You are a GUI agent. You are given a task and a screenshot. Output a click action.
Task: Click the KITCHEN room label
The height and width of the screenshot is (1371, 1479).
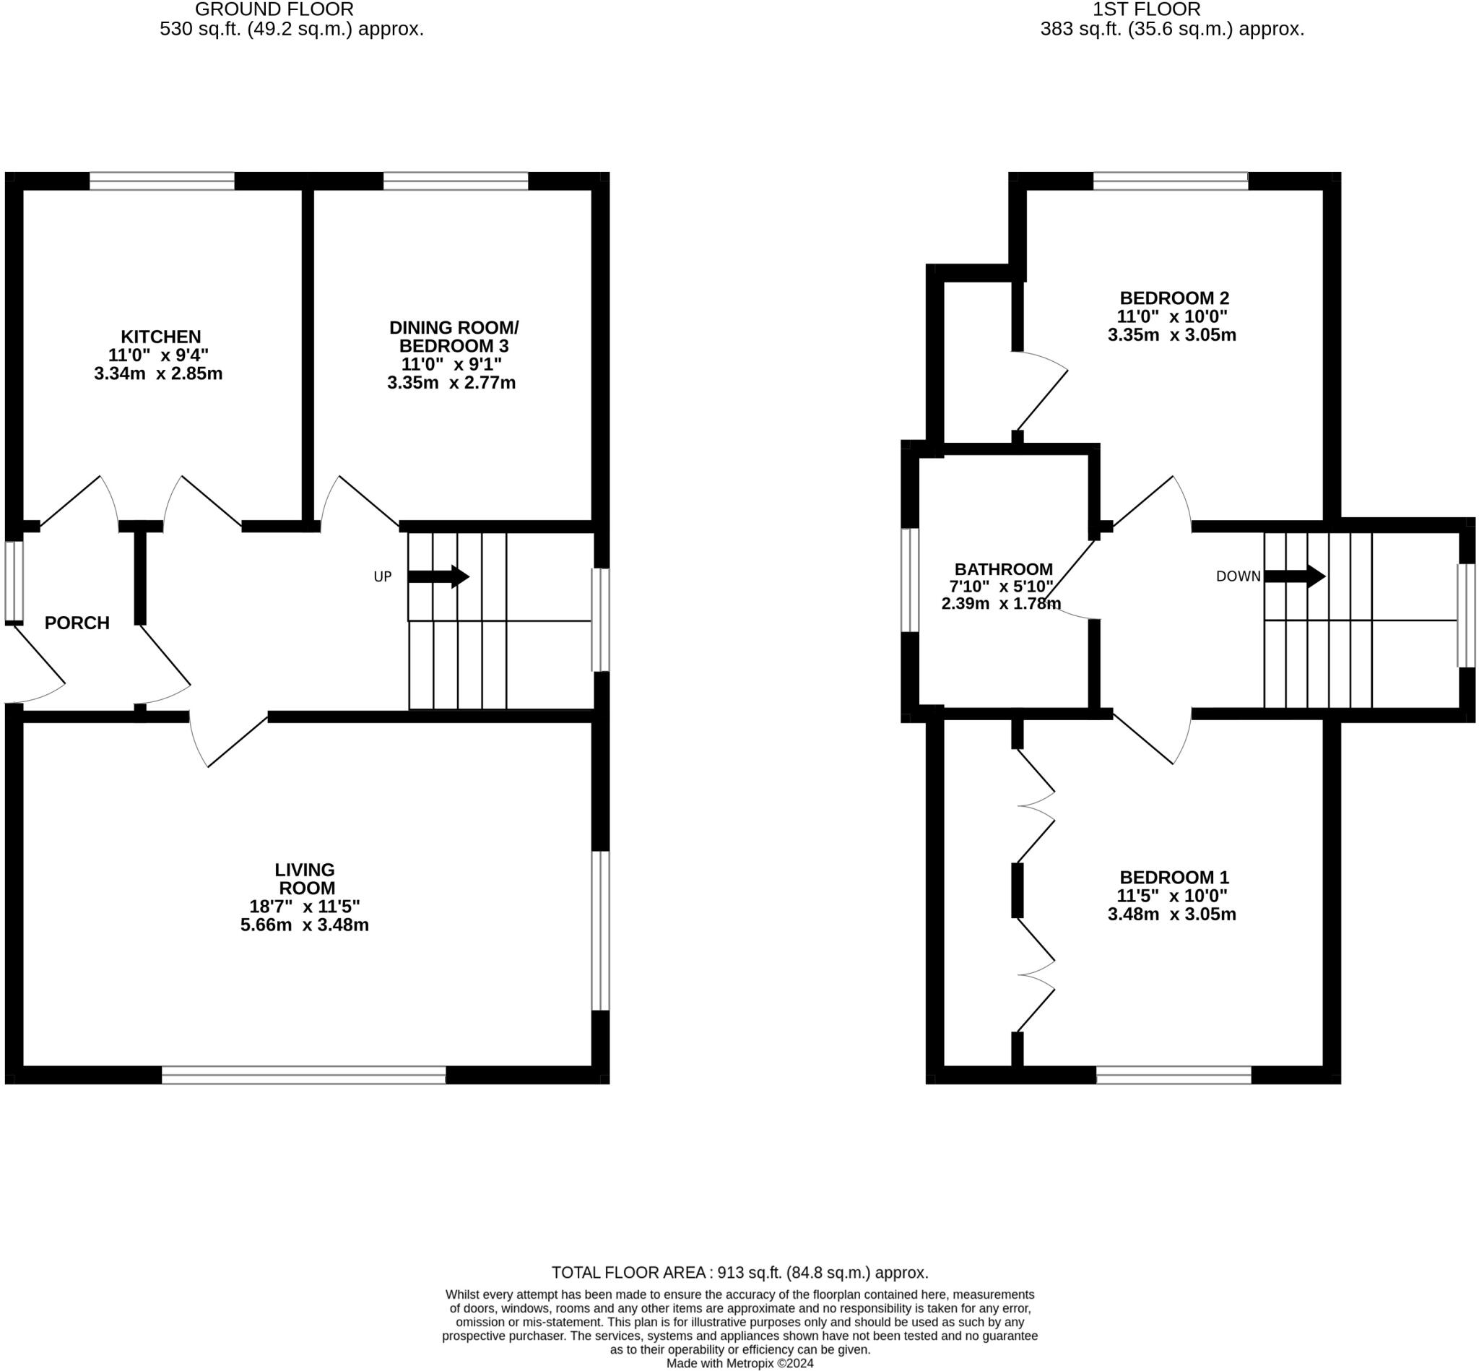161,337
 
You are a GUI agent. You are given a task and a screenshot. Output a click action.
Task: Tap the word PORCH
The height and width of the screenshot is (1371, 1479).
77,623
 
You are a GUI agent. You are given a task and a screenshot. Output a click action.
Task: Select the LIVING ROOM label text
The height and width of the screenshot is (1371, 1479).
305,878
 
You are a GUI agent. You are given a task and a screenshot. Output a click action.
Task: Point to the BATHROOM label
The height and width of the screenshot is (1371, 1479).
1003,569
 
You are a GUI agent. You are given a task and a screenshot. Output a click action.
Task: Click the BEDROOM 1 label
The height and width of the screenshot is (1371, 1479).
1174,877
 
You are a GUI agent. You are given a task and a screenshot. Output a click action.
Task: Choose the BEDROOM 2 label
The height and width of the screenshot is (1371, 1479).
1174,298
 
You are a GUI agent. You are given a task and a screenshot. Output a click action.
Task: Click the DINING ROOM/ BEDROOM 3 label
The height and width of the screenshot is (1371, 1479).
454,337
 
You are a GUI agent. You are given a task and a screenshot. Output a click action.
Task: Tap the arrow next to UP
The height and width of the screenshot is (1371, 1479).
439,576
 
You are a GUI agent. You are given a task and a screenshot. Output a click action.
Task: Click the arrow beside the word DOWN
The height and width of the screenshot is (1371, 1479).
1294,576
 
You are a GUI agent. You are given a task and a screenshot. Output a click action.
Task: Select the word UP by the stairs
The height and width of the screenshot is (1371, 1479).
382,577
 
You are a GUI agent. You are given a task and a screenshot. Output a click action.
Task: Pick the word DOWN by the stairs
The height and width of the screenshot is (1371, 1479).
1238,576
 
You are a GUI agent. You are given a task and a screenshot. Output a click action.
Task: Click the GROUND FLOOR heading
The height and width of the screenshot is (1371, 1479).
274,9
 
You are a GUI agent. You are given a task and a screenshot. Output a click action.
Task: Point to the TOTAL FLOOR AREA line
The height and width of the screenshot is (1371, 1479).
739,1272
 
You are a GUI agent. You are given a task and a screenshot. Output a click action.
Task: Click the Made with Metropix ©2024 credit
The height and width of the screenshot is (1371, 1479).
739,1363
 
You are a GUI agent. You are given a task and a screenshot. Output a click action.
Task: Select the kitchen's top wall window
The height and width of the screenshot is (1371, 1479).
162,181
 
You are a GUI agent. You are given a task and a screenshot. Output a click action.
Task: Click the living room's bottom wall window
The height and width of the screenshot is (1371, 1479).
303,1074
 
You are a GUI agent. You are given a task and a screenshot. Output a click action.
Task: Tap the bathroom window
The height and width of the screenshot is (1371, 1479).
909,579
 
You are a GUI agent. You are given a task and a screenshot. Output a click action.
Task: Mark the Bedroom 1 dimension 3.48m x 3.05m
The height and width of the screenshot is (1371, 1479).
1172,914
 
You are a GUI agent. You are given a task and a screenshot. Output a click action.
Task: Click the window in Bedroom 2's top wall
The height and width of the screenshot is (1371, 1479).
1171,181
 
